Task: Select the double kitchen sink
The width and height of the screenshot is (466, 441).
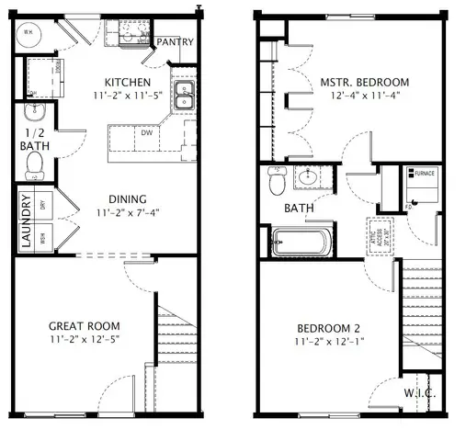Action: (x=184, y=96)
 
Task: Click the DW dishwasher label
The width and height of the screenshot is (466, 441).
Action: (x=145, y=132)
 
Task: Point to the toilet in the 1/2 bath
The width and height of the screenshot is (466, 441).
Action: (x=36, y=165)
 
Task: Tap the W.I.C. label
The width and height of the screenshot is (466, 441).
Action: (x=419, y=393)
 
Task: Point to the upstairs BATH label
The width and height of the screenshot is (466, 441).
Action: (x=299, y=209)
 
